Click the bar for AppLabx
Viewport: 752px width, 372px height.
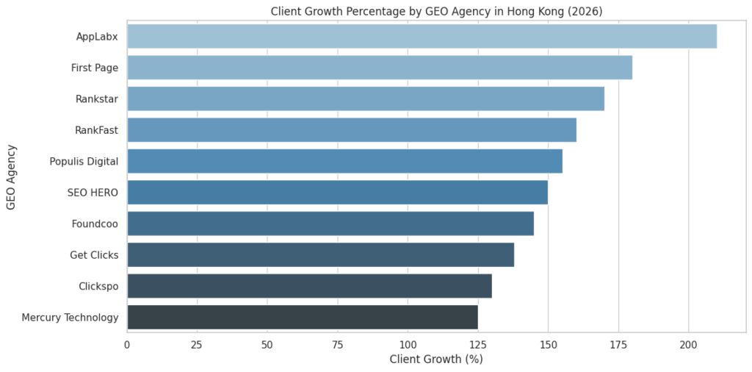click(422, 37)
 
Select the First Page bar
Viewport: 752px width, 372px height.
click(380, 68)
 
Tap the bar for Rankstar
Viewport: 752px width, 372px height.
click(366, 99)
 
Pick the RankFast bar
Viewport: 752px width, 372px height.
click(352, 130)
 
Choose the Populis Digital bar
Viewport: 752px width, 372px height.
click(344, 161)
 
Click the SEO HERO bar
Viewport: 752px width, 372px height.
click(338, 193)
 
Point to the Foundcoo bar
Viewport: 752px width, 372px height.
click(330, 223)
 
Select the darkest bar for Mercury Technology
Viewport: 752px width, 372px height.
click(303, 317)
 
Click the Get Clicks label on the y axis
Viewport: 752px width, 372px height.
click(94, 255)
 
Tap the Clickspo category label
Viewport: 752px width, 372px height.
click(98, 286)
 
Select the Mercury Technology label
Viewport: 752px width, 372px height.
click(70, 318)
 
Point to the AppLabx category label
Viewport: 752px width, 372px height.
click(97, 37)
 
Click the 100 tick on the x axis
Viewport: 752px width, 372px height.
click(408, 344)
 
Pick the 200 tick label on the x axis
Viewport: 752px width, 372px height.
click(688, 344)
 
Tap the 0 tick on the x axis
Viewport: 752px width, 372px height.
click(127, 344)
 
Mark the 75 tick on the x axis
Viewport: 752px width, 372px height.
click(338, 344)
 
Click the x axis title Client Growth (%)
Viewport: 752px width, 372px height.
click(435, 360)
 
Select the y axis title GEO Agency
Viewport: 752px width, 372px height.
click(11, 176)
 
